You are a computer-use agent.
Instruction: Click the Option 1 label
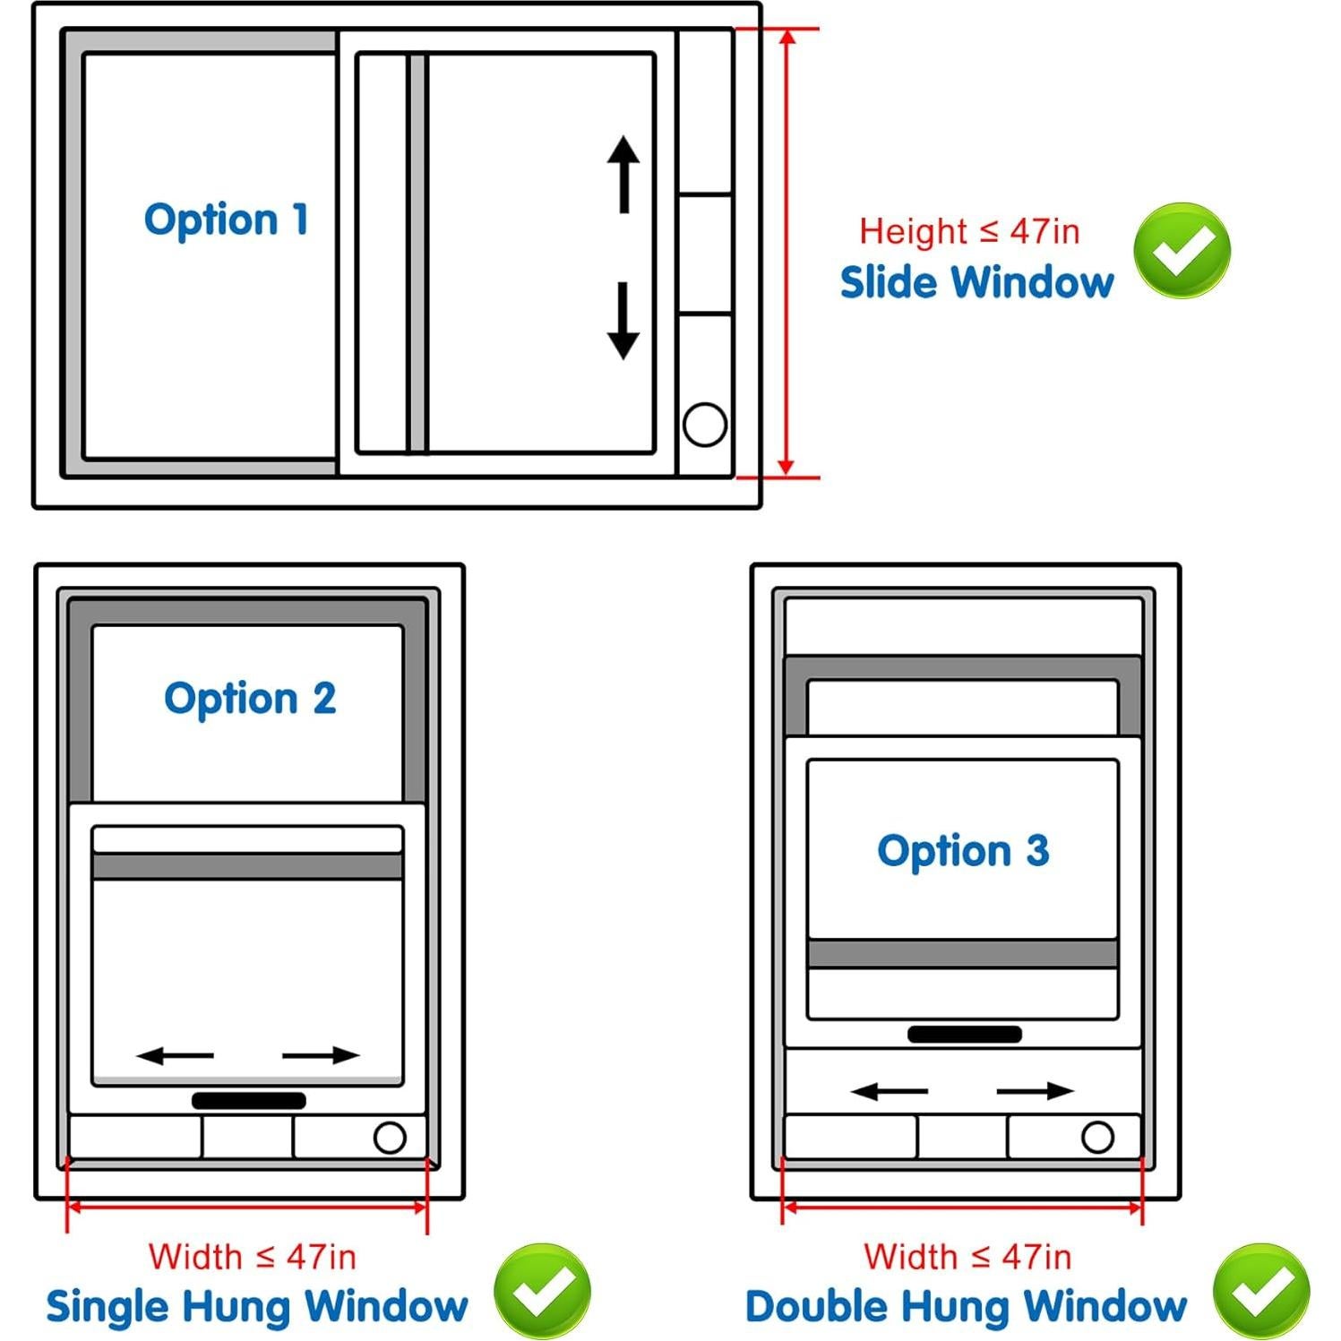(227, 219)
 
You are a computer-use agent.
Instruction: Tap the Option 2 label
(250, 699)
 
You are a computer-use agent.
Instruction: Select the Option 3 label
(963, 851)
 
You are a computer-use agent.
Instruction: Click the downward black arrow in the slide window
(623, 322)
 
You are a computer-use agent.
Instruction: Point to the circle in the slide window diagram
(705, 425)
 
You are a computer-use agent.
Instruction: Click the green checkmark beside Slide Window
(1182, 251)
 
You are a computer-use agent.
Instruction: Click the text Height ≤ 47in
(969, 231)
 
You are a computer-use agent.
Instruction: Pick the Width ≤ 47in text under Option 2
(252, 1257)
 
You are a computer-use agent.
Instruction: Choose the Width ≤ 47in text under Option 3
(967, 1257)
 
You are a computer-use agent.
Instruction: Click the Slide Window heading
(976, 282)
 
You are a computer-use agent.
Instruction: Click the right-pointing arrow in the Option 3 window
(1035, 1091)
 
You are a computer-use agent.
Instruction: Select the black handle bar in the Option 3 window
(964, 1035)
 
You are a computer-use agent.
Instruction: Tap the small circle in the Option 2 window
(390, 1138)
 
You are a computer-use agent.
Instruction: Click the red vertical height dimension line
(786, 252)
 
